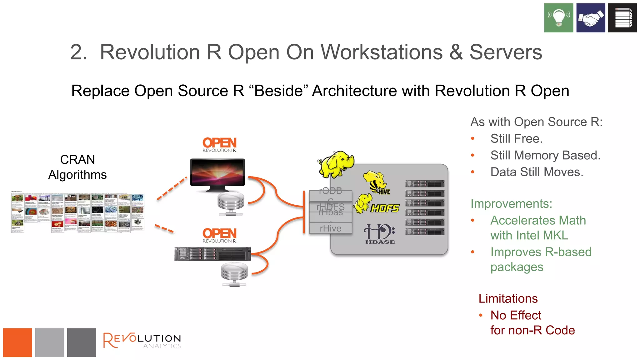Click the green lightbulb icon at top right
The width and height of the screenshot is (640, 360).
click(x=558, y=18)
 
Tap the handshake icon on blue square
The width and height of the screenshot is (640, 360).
click(x=590, y=18)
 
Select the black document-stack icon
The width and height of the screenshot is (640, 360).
click(x=622, y=18)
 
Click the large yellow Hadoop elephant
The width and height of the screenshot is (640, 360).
click(x=336, y=164)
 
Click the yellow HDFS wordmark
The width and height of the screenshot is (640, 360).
click(x=385, y=208)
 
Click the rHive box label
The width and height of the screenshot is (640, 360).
click(x=330, y=228)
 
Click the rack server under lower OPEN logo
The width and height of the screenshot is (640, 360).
click(x=212, y=254)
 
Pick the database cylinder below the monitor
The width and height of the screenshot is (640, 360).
click(x=231, y=203)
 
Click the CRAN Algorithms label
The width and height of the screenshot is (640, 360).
click(x=77, y=167)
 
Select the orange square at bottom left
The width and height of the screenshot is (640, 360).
click(x=17, y=342)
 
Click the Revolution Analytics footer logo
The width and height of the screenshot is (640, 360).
click(x=142, y=340)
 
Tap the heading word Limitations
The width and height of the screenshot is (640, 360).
click(x=508, y=298)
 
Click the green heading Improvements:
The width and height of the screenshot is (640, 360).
click(x=511, y=204)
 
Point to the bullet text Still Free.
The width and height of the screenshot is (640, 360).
click(x=516, y=138)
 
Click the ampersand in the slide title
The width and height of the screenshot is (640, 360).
click(x=456, y=52)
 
